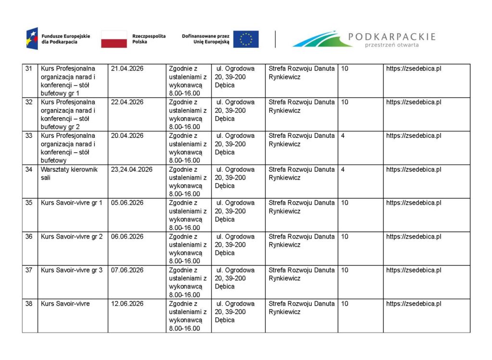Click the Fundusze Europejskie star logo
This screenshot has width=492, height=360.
pyautogui.click(x=32, y=39)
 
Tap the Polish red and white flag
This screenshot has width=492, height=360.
pyautogui.click(x=114, y=39)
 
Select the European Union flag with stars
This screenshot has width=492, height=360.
pyautogui.click(x=246, y=39)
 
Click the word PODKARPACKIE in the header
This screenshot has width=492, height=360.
pyautogui.click(x=392, y=36)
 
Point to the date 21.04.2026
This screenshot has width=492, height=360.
pyautogui.click(x=127, y=69)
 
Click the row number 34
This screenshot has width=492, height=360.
pyautogui.click(x=29, y=169)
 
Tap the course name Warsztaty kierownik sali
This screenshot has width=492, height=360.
pyautogui.click(x=69, y=173)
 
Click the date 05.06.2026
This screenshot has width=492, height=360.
pyautogui.click(x=127, y=203)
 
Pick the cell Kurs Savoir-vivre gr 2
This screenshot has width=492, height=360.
pyautogui.click(x=72, y=237)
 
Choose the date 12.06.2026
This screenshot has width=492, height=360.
pyautogui.click(x=127, y=304)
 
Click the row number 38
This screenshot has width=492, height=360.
pyautogui.click(x=29, y=304)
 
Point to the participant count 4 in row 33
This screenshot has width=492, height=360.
pyautogui.click(x=343, y=136)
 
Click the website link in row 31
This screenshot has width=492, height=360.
pyautogui.click(x=414, y=69)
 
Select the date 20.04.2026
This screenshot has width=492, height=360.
pyautogui.click(x=127, y=136)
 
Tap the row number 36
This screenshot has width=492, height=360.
pyautogui.click(x=29, y=237)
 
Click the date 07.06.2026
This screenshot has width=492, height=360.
pyautogui.click(x=127, y=270)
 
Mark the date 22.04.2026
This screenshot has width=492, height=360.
pyautogui.click(x=127, y=102)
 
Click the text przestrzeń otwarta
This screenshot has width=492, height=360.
pyautogui.click(x=392, y=45)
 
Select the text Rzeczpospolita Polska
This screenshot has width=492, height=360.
pyautogui.click(x=149, y=39)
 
